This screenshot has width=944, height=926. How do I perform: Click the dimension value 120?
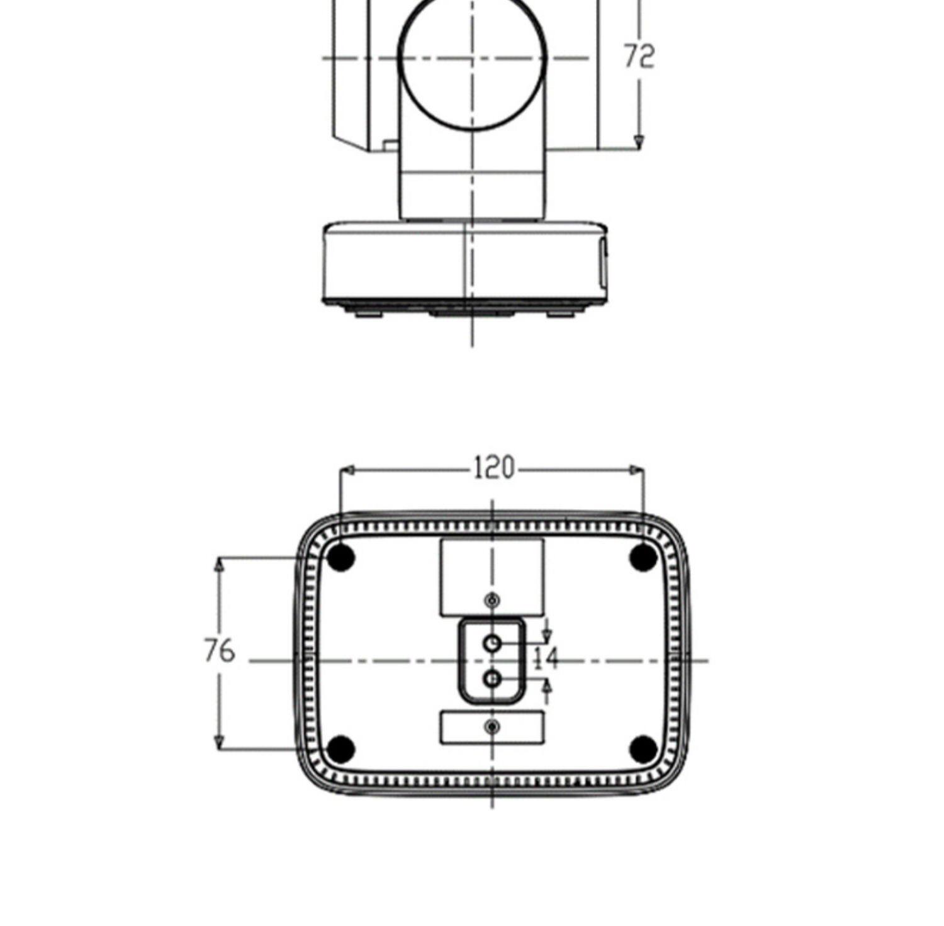click(494, 468)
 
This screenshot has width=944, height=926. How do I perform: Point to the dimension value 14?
click(546, 658)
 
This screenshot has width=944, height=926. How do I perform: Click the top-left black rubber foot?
click(341, 557)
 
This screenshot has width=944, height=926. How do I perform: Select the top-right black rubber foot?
click(643, 557)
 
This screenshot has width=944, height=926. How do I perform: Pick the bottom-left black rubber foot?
click(341, 748)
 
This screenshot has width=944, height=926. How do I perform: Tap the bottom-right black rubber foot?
click(643, 748)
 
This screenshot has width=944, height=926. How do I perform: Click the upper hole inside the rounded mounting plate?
click(493, 643)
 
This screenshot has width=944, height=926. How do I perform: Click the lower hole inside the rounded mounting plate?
click(493, 679)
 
